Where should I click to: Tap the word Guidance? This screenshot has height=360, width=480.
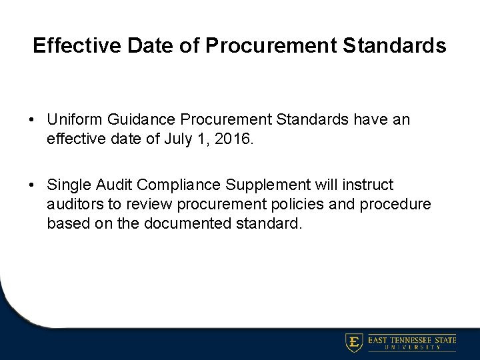pyautogui.click(x=131, y=119)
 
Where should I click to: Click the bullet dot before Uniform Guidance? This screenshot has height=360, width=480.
pyautogui.click(x=31, y=120)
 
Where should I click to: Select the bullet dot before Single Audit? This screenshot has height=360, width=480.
pyautogui.click(x=31, y=185)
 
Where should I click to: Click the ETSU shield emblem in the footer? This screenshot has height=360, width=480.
pyautogui.click(x=354, y=343)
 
